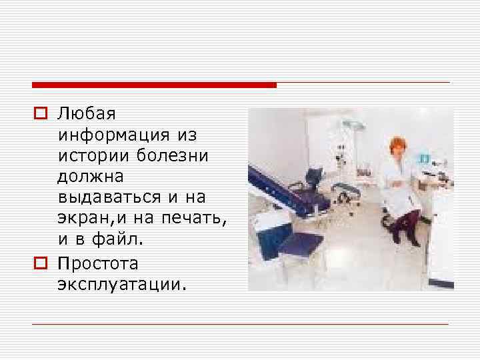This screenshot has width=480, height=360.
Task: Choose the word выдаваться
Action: click(x=109, y=198)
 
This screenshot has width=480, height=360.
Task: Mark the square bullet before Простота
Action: click(x=41, y=261)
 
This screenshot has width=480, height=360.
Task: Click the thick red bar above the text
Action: click(x=154, y=85)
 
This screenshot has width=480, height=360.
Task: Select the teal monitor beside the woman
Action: click(x=423, y=158)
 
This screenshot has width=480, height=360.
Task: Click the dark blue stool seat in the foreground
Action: click(x=300, y=243)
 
